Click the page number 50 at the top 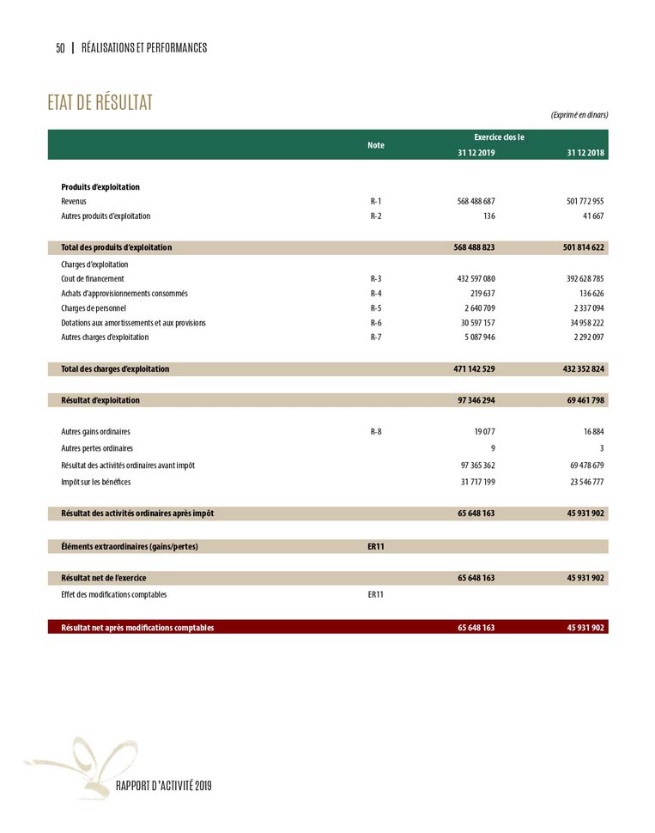60,48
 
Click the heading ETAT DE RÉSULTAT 100,103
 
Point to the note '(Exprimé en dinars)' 579,115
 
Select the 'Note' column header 376,145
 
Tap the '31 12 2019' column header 476,153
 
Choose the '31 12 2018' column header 585,153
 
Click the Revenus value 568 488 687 476,201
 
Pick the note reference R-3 376,278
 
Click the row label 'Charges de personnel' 94,308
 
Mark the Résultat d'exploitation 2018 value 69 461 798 585,400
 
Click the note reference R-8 376,432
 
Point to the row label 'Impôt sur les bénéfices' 101,482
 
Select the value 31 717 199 476,482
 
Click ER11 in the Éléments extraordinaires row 376,546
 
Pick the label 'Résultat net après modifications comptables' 137,628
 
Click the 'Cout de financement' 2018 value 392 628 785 585,278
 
